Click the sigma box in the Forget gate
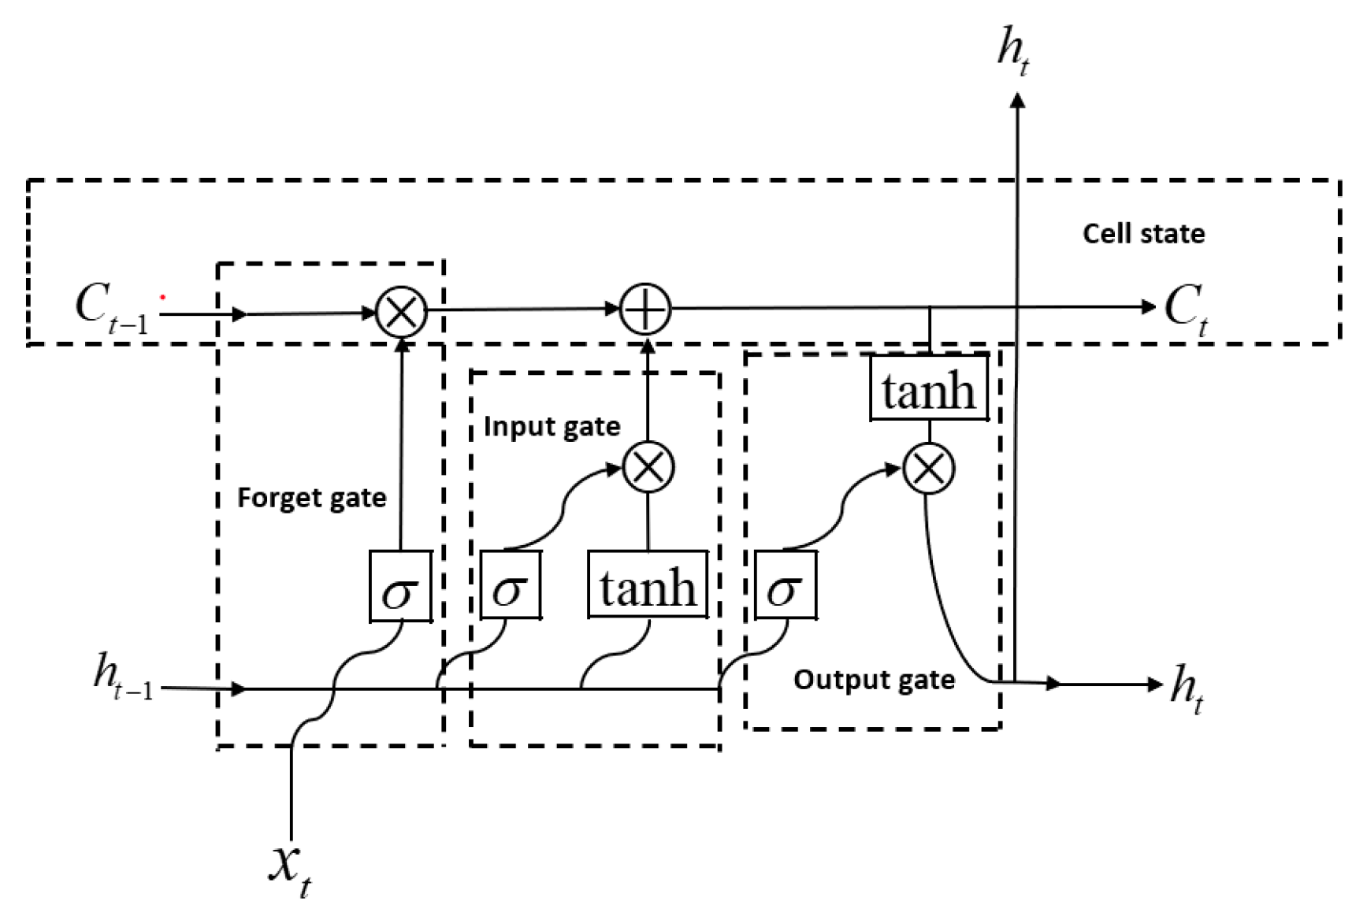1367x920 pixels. (401, 586)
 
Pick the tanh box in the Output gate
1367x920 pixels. (929, 388)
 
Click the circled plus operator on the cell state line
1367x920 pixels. (645, 310)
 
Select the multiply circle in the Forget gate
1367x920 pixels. (401, 312)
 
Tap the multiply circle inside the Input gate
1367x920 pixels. (648, 468)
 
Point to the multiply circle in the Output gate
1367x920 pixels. (928, 469)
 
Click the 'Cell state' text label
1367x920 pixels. (1143, 234)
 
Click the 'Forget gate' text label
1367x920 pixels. (312, 498)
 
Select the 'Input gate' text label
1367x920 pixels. (552, 426)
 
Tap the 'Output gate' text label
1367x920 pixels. (874, 680)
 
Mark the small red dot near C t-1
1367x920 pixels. (163, 297)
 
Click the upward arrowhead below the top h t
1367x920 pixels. (1018, 100)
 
